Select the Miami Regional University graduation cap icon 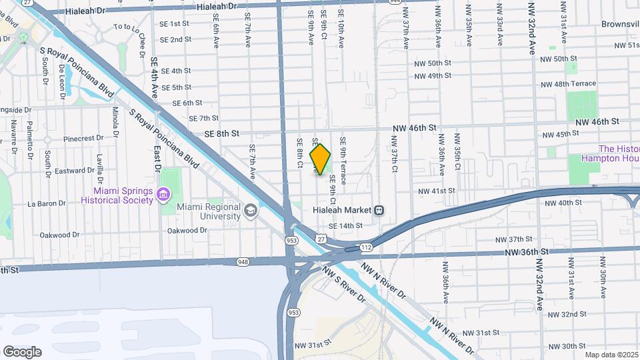pyautogui.click(x=251, y=211)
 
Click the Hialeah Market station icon pyautogui.click(x=379, y=210)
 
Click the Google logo pyautogui.click(x=22, y=352)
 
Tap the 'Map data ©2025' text pyautogui.click(x=611, y=355)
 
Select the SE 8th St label pyautogui.click(x=221, y=133)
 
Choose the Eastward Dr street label pyautogui.click(x=71, y=171)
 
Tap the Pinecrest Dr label pyautogui.click(x=80, y=139)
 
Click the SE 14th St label pyautogui.click(x=345, y=226)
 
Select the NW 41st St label pyautogui.click(x=436, y=191)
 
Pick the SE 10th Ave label pyautogui.click(x=341, y=31)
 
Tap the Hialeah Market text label pyautogui.click(x=342, y=210)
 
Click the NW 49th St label pyautogui.click(x=433, y=76)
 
